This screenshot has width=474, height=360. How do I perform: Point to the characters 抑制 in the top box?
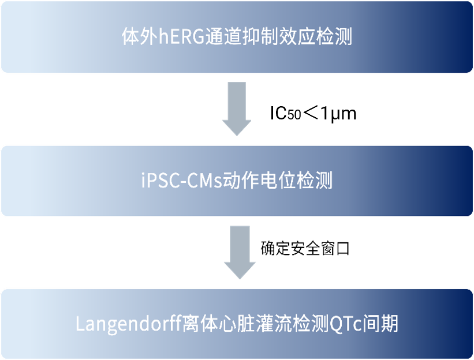tap(255, 37)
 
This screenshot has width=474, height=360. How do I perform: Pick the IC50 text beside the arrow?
tap(285, 114)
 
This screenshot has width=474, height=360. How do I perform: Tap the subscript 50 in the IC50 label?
tap(294, 115)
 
